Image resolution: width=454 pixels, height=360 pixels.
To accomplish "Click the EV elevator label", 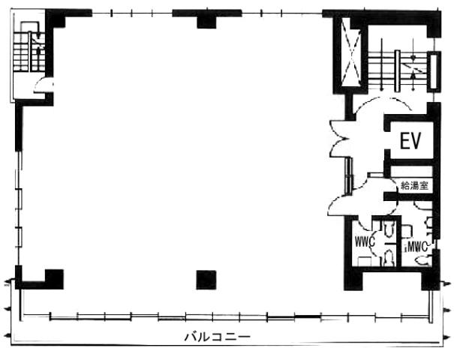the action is tap(410, 141).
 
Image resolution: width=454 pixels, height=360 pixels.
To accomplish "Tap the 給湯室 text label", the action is tap(414, 185).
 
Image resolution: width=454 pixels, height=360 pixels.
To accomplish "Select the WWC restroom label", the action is tap(365, 242).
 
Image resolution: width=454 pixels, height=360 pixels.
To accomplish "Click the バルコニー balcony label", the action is tap(218, 337).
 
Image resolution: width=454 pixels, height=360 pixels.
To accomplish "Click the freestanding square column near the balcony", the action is tap(206, 280).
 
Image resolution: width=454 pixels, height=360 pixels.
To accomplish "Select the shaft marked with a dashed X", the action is tap(351, 52).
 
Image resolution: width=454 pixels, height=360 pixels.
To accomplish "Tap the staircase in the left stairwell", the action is tap(29, 52).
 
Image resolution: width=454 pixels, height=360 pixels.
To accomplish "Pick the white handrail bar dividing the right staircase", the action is tap(398, 71).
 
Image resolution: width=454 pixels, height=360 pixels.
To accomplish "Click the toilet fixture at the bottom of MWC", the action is tap(422, 260).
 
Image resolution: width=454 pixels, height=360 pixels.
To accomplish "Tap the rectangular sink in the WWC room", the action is tap(365, 261).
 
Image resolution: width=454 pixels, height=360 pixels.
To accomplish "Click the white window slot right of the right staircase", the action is tap(433, 70).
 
